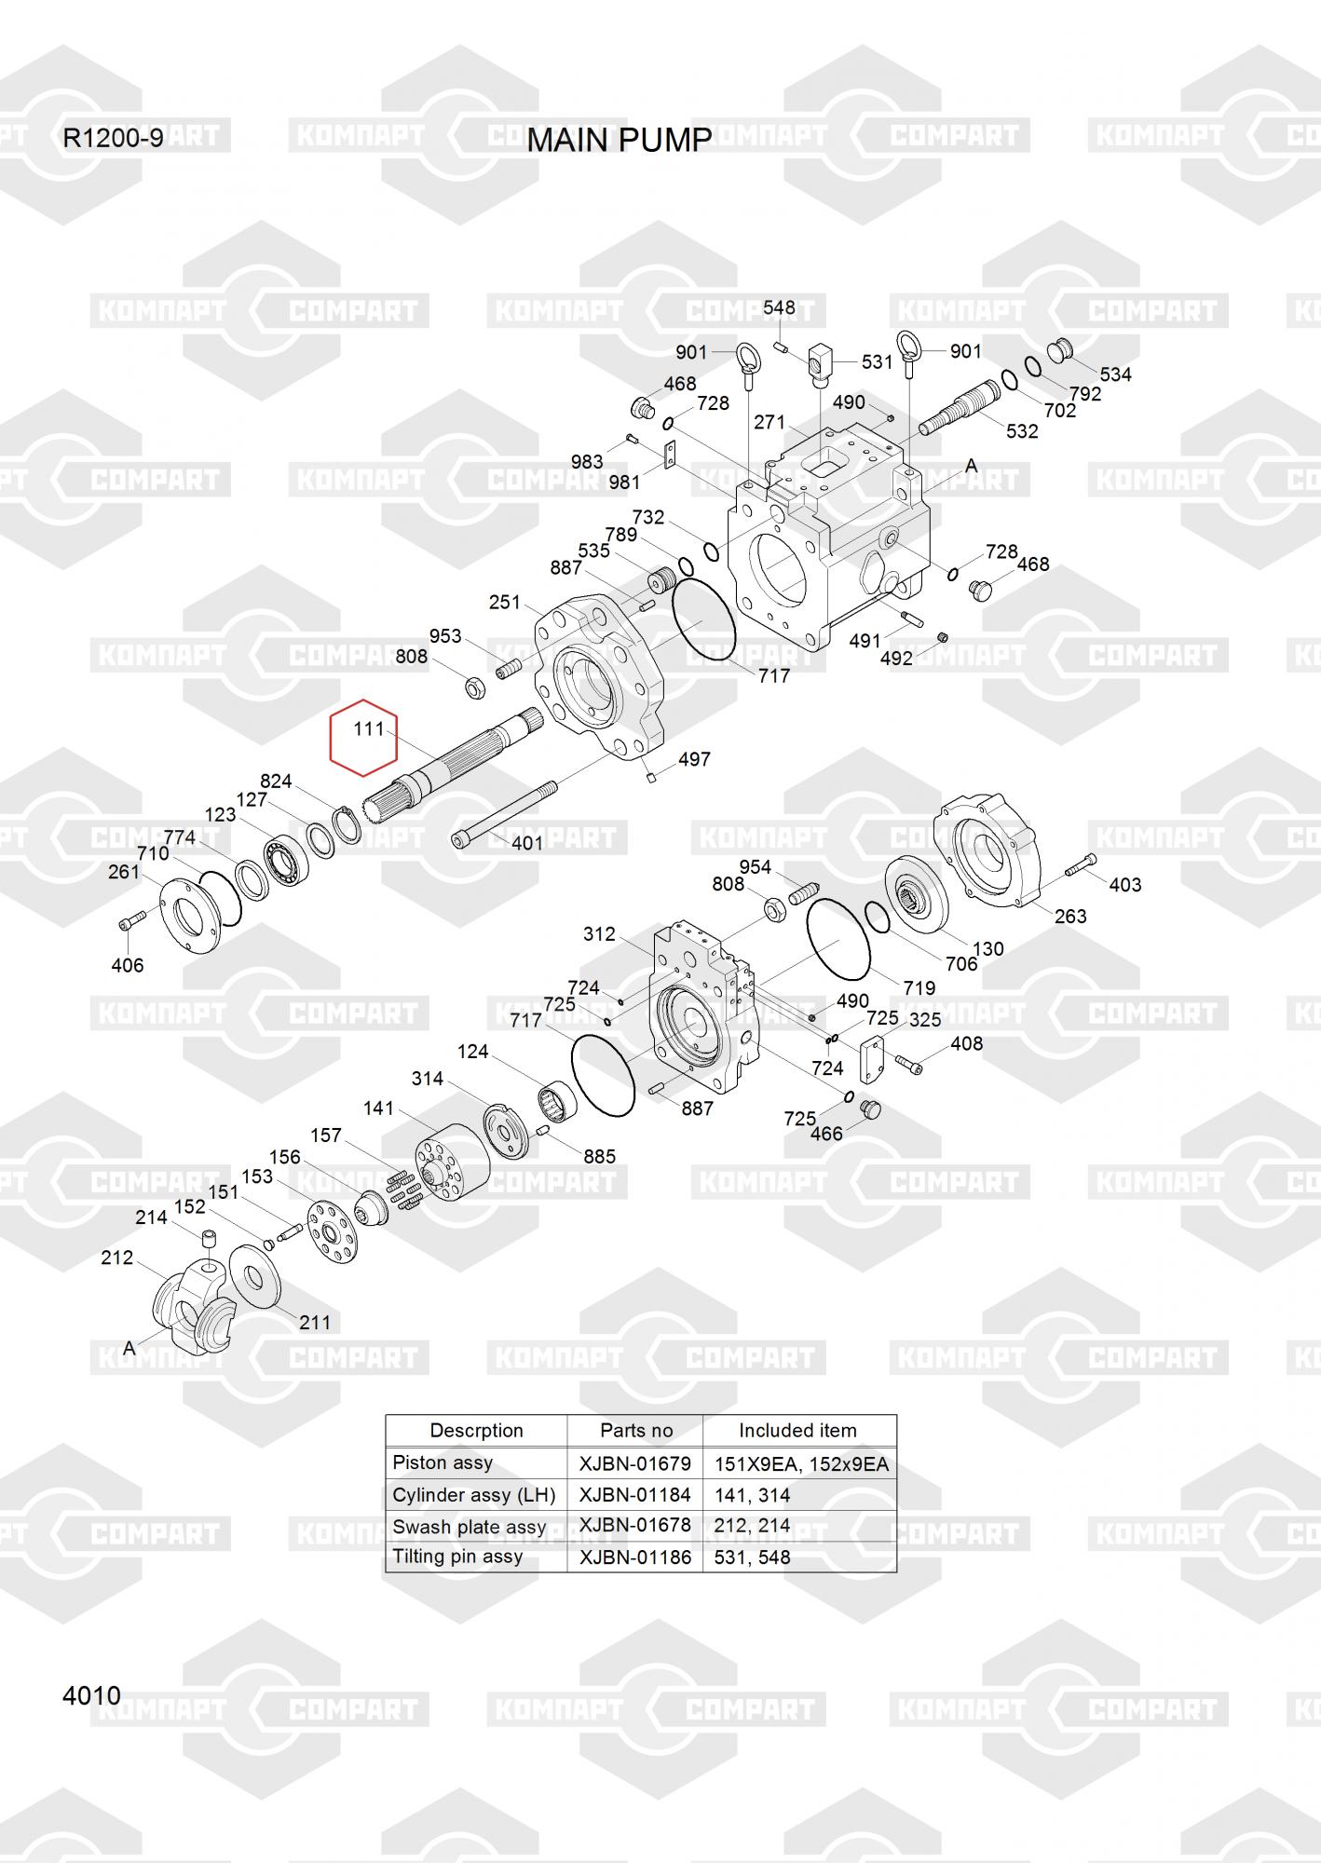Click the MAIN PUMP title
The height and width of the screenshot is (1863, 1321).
point(619,140)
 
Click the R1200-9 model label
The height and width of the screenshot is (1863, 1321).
point(113,139)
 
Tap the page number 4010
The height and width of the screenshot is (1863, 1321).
point(91,1695)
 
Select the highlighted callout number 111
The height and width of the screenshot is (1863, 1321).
point(369,728)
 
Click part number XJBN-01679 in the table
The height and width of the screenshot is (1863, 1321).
point(635,1463)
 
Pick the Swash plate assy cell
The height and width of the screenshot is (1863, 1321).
point(470,1527)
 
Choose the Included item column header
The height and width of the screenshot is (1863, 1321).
point(797,1431)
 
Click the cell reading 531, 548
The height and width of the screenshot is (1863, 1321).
point(752,1557)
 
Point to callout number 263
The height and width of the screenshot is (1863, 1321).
point(1070,916)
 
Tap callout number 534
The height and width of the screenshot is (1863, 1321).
point(1115,374)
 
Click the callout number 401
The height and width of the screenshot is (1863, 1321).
point(527,843)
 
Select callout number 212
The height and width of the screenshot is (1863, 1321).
point(117,1258)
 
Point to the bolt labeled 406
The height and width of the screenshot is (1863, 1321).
point(129,921)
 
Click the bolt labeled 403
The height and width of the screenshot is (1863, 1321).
point(1080,865)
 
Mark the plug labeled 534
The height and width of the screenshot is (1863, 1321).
point(1059,351)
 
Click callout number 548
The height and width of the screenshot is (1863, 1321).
point(779,308)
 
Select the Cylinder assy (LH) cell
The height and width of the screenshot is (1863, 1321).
point(473,1495)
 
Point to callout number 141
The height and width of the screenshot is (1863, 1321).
point(379,1108)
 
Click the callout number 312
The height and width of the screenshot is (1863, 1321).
point(599,933)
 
